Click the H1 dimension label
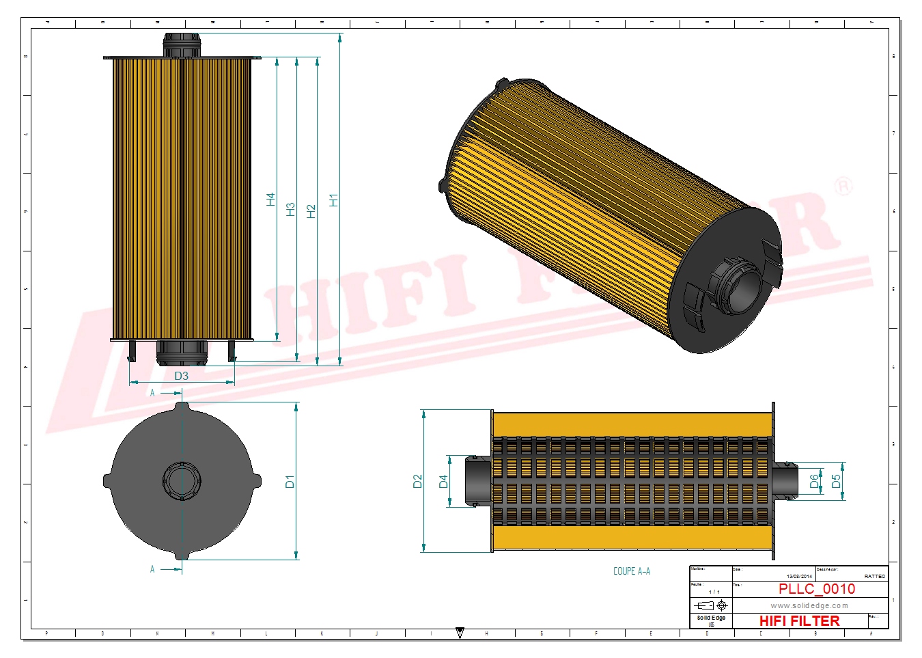[x=333, y=200]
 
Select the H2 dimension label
[x=311, y=211]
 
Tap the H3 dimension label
[x=290, y=209]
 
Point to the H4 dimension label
[x=270, y=200]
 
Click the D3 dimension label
[x=181, y=376]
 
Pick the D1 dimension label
[x=290, y=481]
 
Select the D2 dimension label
[x=418, y=481]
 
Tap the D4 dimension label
[x=443, y=481]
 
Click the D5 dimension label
[x=836, y=481]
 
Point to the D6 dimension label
[x=814, y=481]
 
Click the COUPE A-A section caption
[x=631, y=571]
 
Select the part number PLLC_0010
[x=816, y=589]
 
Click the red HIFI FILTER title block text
[x=799, y=620]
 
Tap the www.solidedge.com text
[x=809, y=605]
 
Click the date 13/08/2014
[x=799, y=576]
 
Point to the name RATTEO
[x=874, y=576]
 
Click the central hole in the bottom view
[x=182, y=481]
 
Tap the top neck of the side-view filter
[x=182, y=45]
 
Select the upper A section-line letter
[x=152, y=393]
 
